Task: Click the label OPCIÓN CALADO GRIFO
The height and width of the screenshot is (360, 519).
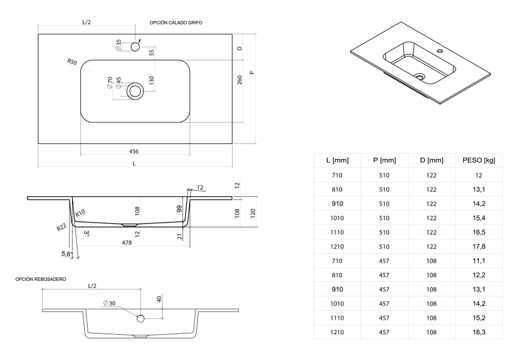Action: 176,22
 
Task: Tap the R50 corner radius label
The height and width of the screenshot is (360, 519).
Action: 71,62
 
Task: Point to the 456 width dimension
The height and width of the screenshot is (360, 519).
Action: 134,152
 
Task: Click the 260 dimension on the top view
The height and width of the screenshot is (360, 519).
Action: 239,79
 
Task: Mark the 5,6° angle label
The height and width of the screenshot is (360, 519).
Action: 67,254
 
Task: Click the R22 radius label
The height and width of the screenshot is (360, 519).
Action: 61,227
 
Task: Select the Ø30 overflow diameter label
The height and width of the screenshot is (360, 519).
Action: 109,303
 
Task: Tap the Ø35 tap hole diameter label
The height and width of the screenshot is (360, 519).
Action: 118,44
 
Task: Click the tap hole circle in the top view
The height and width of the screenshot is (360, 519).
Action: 135,45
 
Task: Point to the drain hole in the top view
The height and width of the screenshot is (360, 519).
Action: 135,91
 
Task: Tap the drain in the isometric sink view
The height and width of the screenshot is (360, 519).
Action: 419,77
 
